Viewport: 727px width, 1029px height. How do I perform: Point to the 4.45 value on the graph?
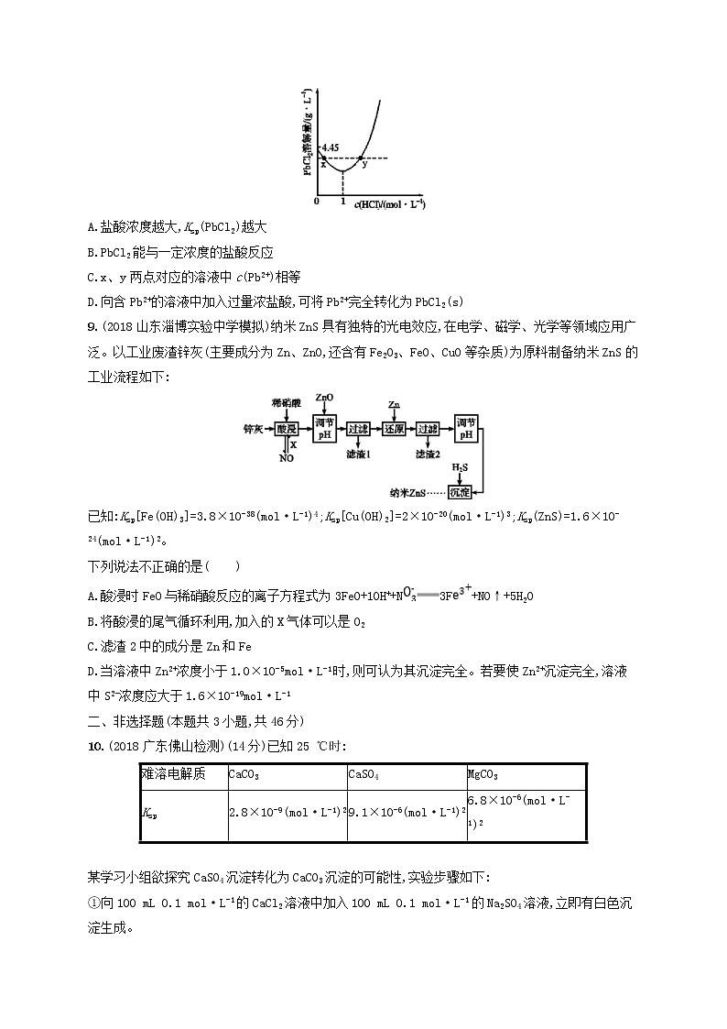pyautogui.click(x=331, y=147)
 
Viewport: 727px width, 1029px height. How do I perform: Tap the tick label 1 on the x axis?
pyautogui.click(x=342, y=201)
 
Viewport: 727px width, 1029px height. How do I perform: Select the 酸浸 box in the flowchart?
pyautogui.click(x=286, y=428)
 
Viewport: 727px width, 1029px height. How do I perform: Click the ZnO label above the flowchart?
pyautogui.click(x=324, y=397)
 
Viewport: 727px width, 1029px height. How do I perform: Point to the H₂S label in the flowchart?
pyautogui.click(x=460, y=467)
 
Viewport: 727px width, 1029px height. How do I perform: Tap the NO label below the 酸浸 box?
pyautogui.click(x=286, y=458)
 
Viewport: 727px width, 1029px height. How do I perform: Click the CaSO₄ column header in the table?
pyautogui.click(x=363, y=774)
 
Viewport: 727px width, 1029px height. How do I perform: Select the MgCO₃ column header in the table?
pyautogui.click(x=483, y=774)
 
